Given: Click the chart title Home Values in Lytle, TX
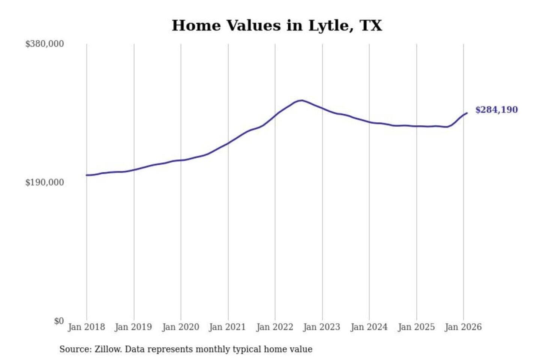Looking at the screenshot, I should point(277,25).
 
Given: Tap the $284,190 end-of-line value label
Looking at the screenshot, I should point(496,110).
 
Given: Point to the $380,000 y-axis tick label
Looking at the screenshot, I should point(45,44).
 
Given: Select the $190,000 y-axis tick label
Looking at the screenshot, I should point(45,182).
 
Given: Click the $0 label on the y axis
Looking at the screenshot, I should point(59,321).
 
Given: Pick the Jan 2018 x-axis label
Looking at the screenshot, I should point(86,327).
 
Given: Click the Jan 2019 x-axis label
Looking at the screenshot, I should point(133,327).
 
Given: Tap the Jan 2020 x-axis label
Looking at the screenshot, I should point(180,327).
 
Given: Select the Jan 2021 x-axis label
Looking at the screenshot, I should point(227,327).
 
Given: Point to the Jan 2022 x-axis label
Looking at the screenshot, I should point(274,327).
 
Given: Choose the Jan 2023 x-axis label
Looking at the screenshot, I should point(321,327).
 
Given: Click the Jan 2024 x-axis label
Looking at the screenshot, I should point(369,327).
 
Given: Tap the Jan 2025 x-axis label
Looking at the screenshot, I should point(416,327).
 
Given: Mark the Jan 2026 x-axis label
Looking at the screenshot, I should point(463,327).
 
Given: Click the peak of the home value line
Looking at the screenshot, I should point(301,100).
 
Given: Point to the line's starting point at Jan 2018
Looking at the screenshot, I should point(87,175).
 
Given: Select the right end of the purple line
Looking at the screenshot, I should point(467,113).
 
